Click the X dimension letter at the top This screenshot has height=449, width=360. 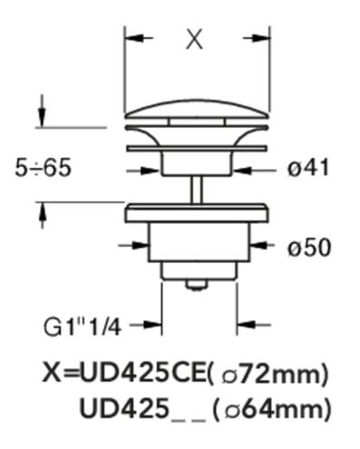(x=194, y=40)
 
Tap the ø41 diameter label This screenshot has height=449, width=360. (x=308, y=168)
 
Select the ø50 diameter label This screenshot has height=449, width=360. (x=309, y=248)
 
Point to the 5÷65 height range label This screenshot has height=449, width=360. (x=43, y=168)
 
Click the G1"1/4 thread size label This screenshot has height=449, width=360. (x=83, y=327)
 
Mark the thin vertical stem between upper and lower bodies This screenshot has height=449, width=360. (x=197, y=190)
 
